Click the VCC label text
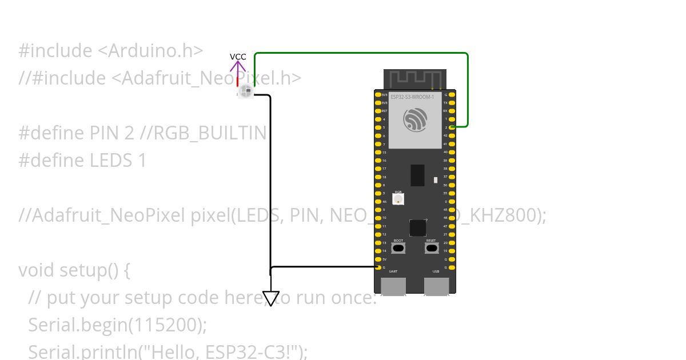238,57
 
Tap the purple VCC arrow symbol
238,67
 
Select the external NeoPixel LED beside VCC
246,91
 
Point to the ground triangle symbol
271,298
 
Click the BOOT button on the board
398,249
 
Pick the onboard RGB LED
398,199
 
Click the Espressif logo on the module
414,119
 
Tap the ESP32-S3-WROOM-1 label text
412,97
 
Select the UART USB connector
393,286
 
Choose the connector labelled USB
436,286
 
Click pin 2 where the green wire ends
452,127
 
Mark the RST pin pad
378,111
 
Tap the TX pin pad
452,102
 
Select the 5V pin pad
378,259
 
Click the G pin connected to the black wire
378,267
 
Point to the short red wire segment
238,81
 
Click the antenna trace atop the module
414,78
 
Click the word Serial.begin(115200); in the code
117,325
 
